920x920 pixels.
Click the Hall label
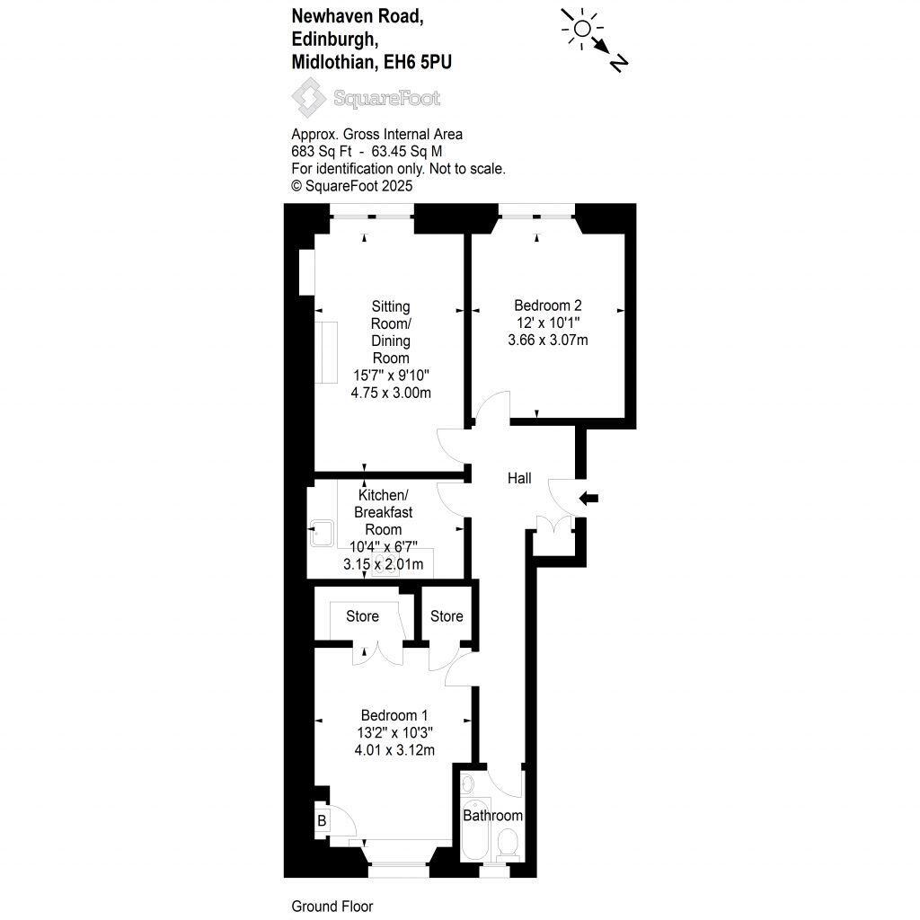(519, 479)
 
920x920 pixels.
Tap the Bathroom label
(492, 816)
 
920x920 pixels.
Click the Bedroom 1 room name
(394, 715)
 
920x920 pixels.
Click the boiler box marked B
(321, 819)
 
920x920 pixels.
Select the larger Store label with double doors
(363, 616)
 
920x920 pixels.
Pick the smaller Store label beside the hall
(447, 616)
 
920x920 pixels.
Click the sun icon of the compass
(581, 29)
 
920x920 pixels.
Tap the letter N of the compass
(618, 62)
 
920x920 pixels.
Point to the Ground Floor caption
(332, 907)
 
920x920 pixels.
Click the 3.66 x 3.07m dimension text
(547, 340)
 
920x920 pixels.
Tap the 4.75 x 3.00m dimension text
(392, 393)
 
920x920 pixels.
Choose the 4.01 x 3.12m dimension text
(394, 749)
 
